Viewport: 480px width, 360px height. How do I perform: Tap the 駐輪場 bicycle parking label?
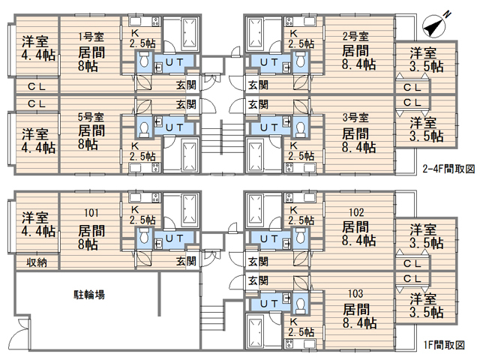pos(89,295)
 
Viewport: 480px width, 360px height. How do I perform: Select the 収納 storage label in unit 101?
pos(37,262)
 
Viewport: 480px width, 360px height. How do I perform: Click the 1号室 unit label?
pos(91,37)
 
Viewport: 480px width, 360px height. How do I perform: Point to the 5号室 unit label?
pos(91,117)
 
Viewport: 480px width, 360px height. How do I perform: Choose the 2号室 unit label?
pos(355,37)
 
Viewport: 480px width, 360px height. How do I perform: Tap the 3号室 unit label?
pos(355,117)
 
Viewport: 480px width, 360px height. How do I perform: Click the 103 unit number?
pos(355,293)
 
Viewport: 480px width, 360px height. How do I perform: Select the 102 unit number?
pos(356,212)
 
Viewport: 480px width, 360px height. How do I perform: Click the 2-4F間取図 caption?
pos(448,169)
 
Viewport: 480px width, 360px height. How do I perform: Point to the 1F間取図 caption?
pos(444,345)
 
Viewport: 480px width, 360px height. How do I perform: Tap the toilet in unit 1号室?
pos(144,60)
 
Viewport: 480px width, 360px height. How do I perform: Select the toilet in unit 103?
pos(301,304)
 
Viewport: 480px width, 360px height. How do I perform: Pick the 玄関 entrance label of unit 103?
pos(258,280)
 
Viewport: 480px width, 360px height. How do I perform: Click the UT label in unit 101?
pos(175,238)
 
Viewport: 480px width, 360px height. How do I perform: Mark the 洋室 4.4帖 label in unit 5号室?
pos(38,141)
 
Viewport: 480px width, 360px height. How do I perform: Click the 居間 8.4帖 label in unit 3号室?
pos(358,140)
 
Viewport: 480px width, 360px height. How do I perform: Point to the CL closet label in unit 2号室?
pos(412,88)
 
